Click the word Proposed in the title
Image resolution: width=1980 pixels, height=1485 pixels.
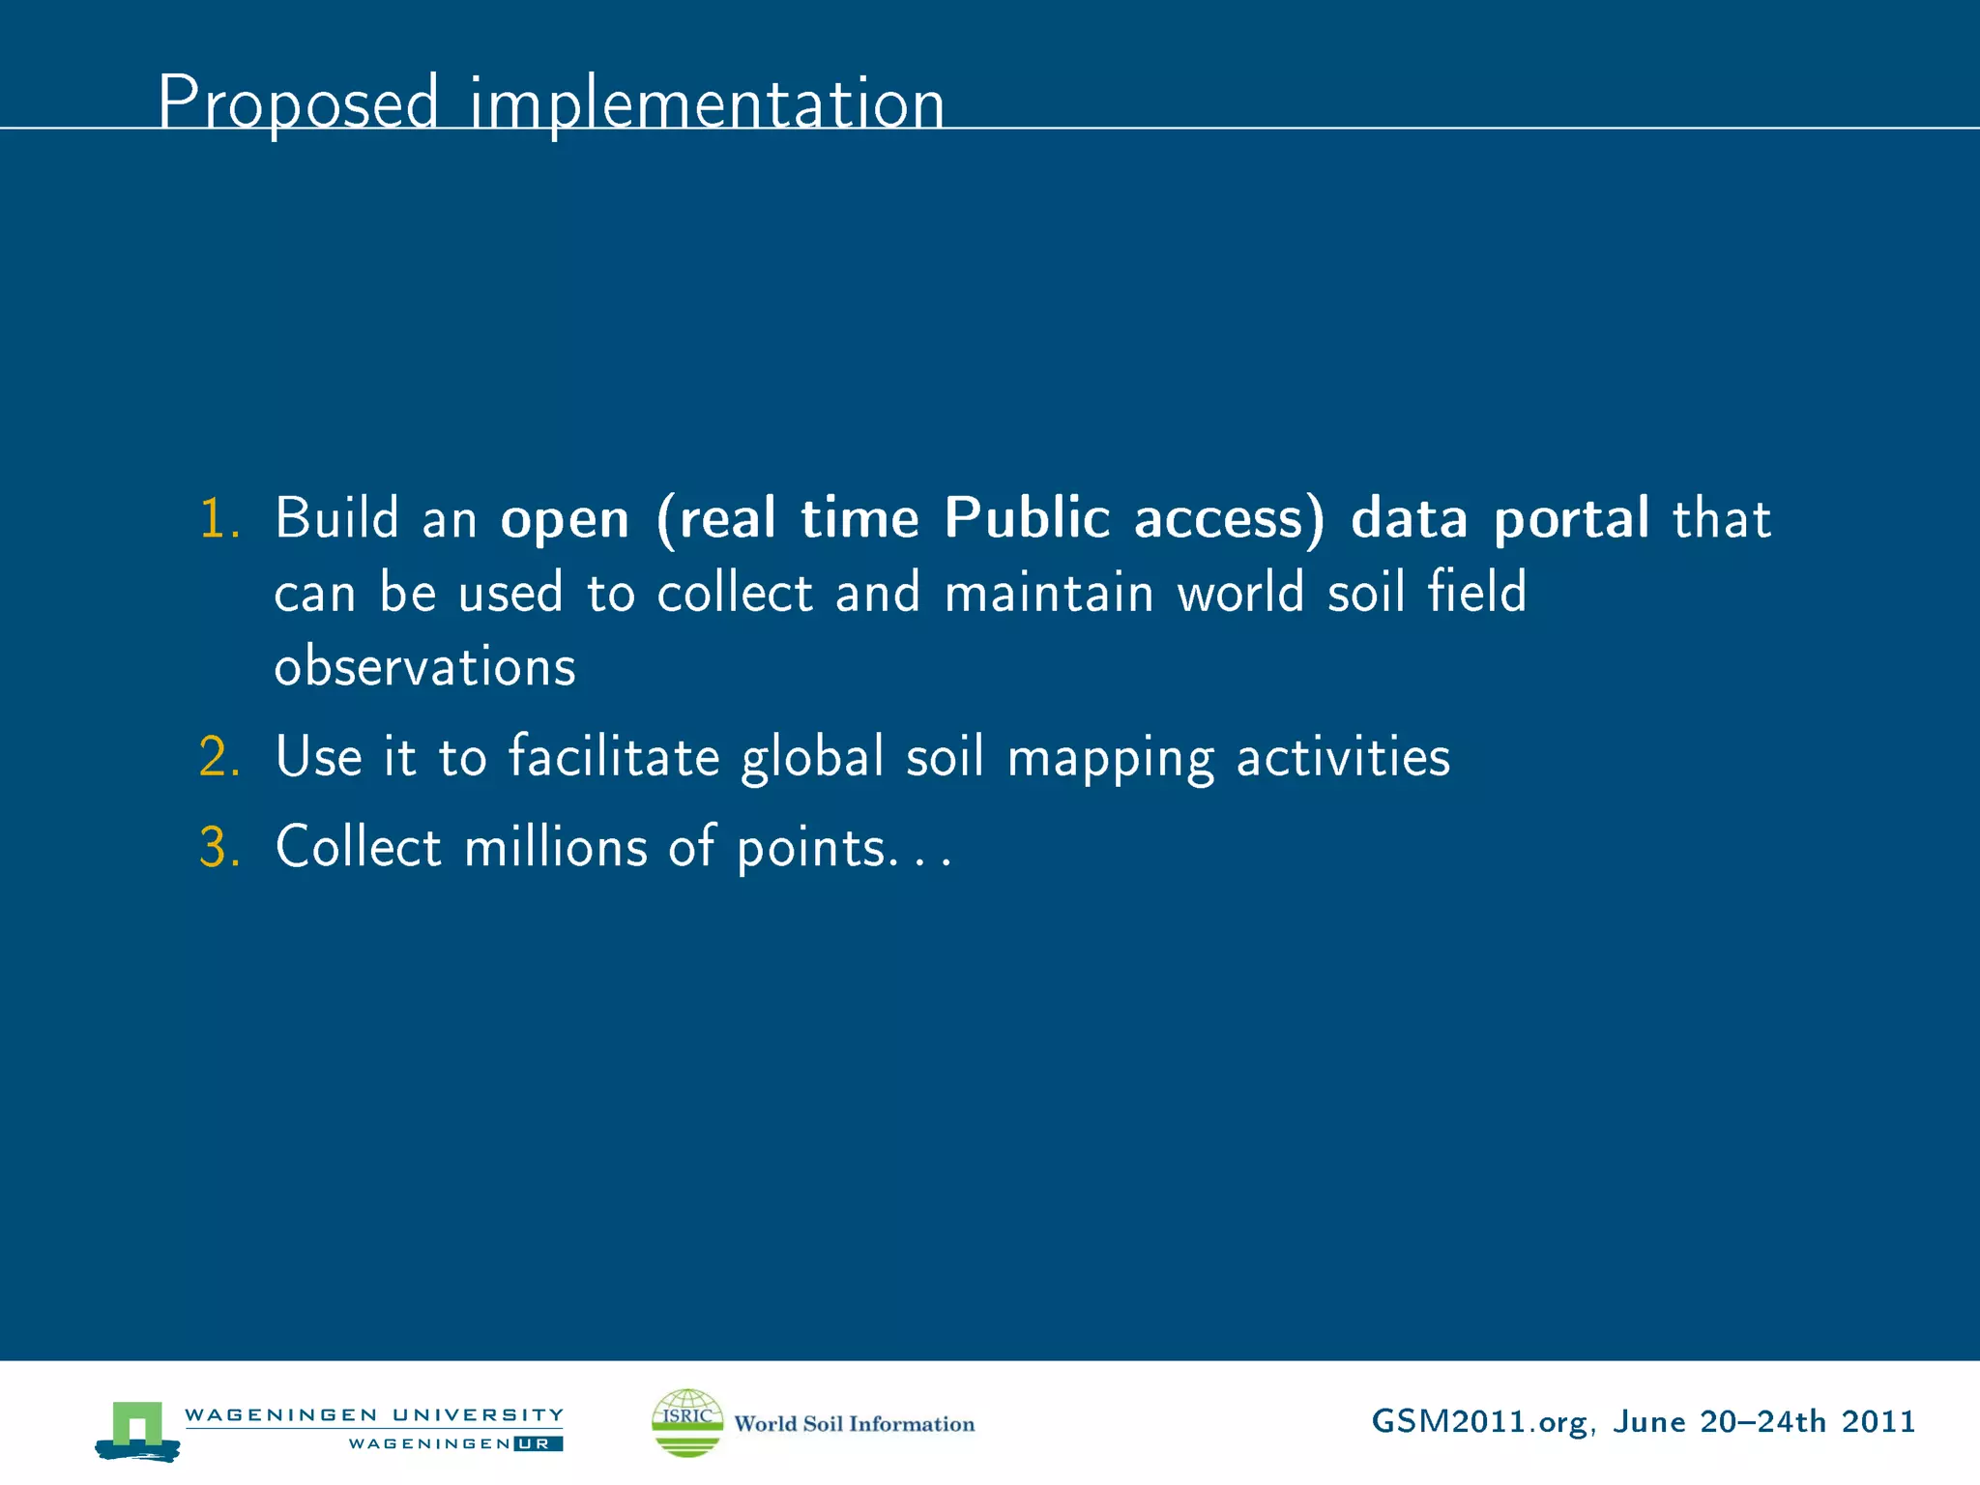[298, 102]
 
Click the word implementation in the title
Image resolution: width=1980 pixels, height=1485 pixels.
[707, 102]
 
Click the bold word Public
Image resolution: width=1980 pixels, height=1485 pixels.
[1027, 518]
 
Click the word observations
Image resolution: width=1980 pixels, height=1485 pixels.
[424, 666]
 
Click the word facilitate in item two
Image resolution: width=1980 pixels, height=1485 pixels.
[614, 756]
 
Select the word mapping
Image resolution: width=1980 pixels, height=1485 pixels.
[1110, 758]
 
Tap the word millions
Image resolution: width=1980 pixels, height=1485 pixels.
[556, 847]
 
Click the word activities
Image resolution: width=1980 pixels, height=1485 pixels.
[1343, 756]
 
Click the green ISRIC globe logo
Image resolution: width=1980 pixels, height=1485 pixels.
[687, 1422]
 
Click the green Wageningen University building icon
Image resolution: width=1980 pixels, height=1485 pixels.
[137, 1427]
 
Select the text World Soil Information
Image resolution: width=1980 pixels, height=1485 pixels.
[854, 1424]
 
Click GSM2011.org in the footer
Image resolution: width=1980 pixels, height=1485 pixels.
[1478, 1422]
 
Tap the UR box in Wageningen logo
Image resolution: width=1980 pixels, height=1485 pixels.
[538, 1444]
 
